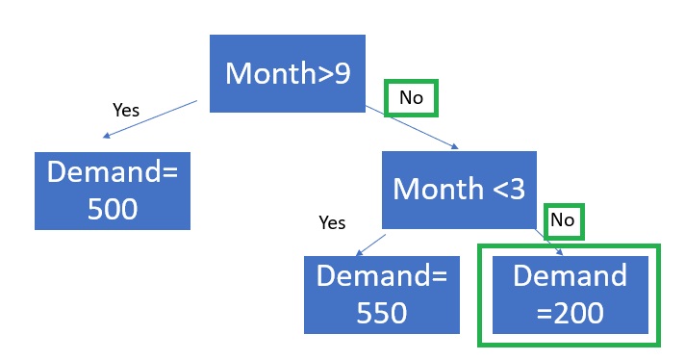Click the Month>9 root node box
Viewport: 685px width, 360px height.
pos(288,73)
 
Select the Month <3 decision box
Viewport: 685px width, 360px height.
pos(459,190)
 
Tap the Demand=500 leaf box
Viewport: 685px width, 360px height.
pos(113,191)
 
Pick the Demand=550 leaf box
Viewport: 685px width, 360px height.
pos(382,295)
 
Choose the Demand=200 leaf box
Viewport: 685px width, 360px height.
pos(571,295)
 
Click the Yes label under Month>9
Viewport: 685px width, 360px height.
pos(126,110)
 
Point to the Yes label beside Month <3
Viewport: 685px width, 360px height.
pos(332,222)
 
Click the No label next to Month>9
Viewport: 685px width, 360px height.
pos(411,97)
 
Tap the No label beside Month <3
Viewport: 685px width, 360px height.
pos(562,219)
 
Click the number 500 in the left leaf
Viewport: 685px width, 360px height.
pos(113,209)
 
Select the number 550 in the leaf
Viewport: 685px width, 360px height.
pos(382,313)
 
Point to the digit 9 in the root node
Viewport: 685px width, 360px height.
pos(342,73)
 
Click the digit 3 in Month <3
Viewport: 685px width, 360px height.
pos(517,190)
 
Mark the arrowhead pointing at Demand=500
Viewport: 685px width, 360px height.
pos(105,136)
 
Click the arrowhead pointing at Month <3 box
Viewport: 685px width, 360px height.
pos(455,147)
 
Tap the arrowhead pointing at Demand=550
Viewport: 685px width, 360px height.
pos(359,252)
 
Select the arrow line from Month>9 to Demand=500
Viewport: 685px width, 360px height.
pos(150,119)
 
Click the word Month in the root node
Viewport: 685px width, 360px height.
pos(270,73)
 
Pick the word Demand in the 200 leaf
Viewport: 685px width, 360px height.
pos(571,275)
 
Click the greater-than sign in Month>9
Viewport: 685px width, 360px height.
pos(325,74)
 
